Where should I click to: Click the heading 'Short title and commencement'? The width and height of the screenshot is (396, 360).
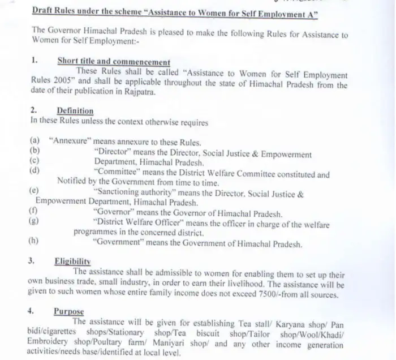pos(113,62)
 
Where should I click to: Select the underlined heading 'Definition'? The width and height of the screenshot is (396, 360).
pos(75,112)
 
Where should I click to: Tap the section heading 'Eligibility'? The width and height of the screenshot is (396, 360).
pos(72,262)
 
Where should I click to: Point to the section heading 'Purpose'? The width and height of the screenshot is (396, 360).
pos(69,312)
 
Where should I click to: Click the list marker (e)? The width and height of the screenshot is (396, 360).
pos(33,192)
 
